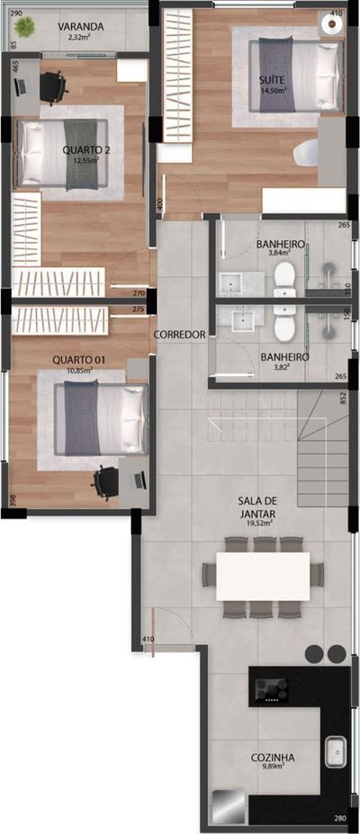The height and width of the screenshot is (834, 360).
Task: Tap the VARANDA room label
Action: (x=82, y=27)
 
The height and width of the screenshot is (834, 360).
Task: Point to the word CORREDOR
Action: (x=180, y=335)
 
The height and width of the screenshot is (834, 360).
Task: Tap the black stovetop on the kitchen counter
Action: (x=271, y=690)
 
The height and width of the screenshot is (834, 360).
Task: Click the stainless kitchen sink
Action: (x=337, y=749)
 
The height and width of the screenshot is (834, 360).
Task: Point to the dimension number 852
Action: (x=343, y=398)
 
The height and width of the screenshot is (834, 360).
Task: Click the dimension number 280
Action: (x=339, y=818)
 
